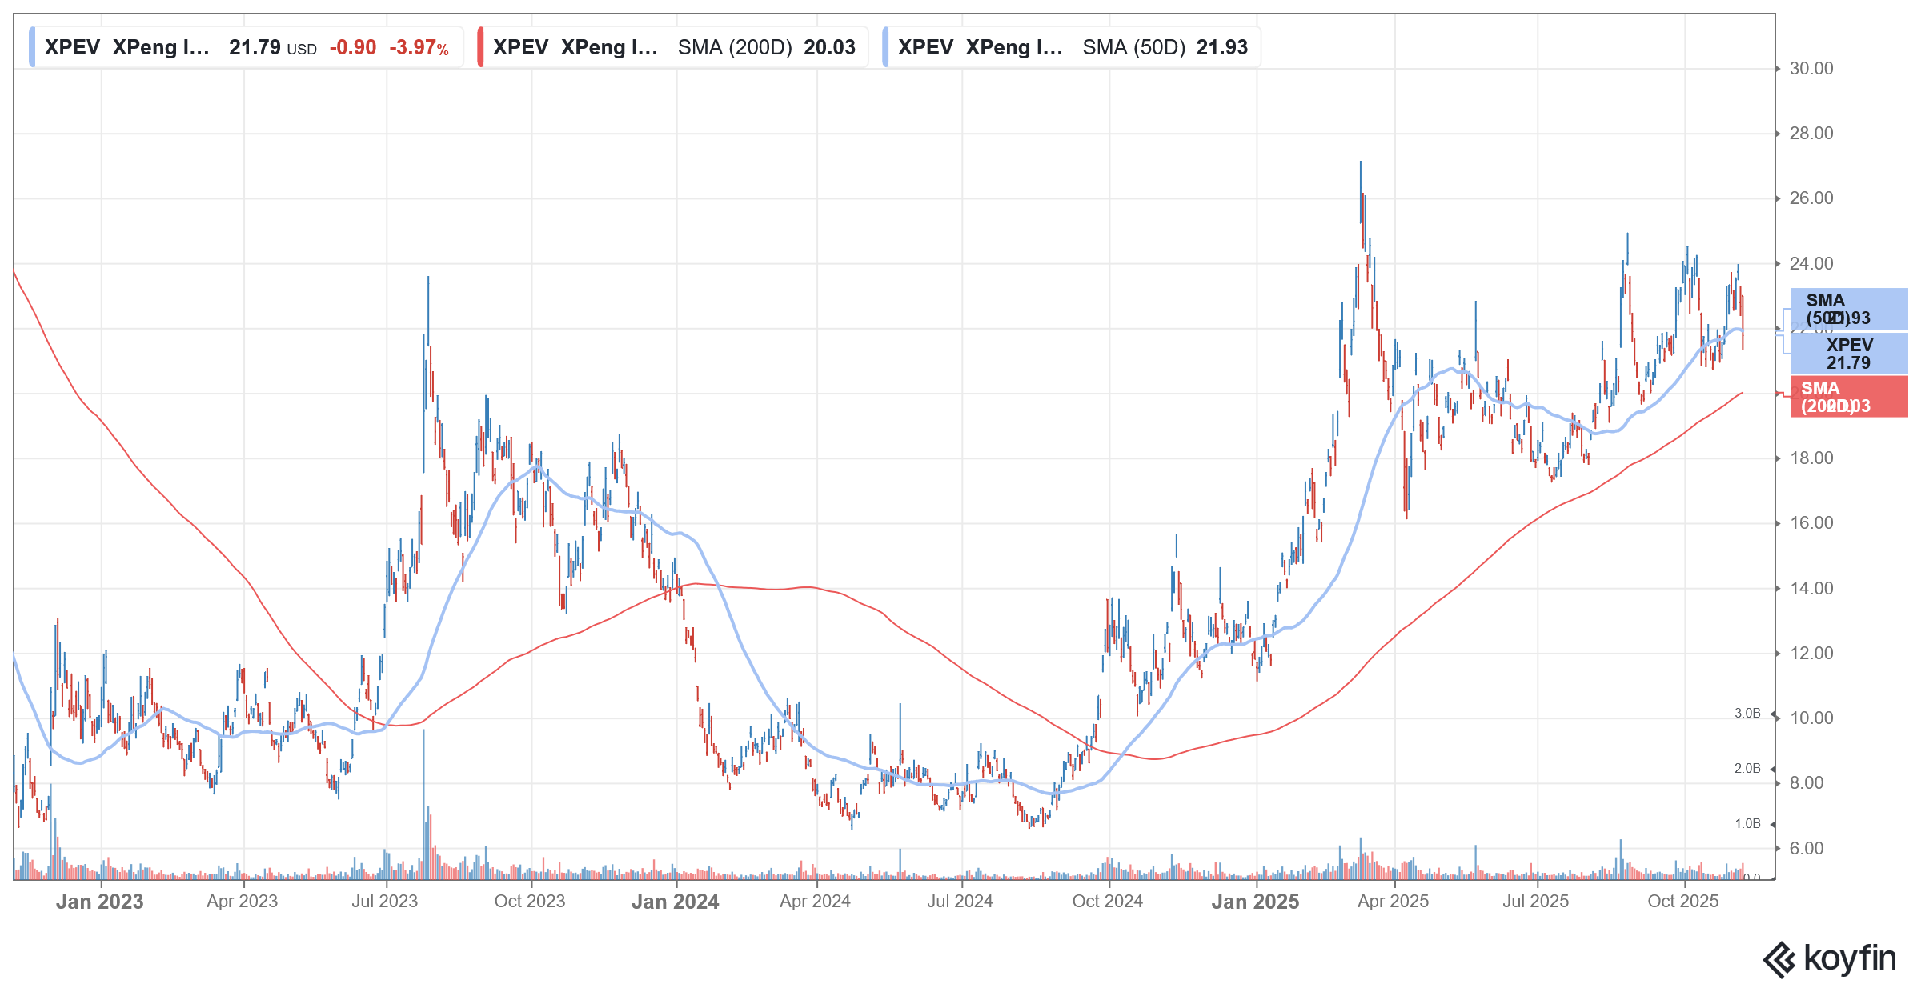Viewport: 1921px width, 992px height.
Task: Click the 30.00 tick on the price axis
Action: coord(1811,69)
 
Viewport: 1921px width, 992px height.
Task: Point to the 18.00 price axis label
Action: coord(1811,458)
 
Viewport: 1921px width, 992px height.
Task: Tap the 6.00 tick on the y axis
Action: coord(1806,849)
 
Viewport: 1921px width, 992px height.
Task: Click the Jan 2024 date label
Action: coord(675,902)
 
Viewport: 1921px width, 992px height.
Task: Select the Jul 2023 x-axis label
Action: coord(384,902)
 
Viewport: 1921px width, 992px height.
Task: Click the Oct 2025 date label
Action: coord(1682,902)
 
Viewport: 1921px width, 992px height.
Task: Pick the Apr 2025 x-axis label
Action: coord(1393,902)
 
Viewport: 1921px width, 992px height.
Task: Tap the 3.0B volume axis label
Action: coord(1747,714)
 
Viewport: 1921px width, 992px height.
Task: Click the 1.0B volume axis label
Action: coord(1747,824)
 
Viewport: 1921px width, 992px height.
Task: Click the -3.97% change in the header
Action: coord(419,48)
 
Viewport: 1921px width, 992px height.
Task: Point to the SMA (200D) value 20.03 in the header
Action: coord(829,48)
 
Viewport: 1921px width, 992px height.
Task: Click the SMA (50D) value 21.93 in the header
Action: coord(1221,48)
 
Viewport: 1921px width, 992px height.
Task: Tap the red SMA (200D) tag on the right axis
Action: coord(1849,397)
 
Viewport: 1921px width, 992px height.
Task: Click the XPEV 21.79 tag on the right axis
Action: coord(1849,354)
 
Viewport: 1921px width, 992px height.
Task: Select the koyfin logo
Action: coord(1830,958)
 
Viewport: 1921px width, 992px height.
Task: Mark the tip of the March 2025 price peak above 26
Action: coord(1360,162)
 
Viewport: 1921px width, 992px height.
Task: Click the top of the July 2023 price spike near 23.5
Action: coord(428,278)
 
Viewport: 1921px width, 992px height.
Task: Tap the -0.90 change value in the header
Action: coord(353,48)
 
